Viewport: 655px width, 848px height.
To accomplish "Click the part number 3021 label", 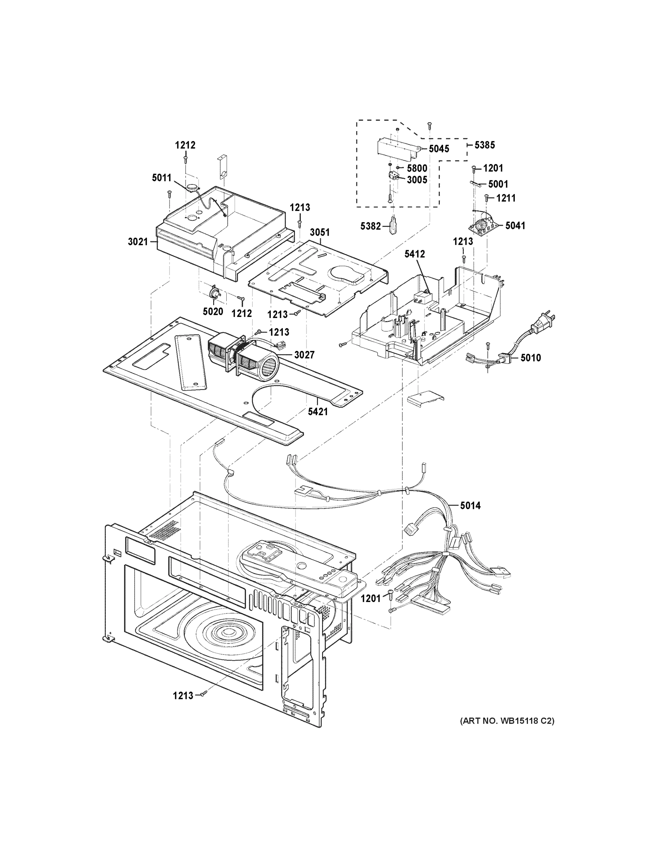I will [138, 242].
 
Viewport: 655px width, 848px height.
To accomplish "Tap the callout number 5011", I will [161, 178].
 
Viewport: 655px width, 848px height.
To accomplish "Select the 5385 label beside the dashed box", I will [485, 145].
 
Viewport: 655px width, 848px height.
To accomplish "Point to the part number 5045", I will [439, 149].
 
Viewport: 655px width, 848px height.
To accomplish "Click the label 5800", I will [417, 168].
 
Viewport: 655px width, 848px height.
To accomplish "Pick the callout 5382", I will [370, 226].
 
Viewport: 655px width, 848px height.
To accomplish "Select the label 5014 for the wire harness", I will [470, 506].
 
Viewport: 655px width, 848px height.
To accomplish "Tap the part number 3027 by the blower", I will [304, 355].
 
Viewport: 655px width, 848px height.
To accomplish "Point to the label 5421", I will [318, 412].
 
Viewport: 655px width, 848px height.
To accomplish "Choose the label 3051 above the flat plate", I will [320, 232].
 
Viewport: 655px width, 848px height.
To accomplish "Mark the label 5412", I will [415, 254].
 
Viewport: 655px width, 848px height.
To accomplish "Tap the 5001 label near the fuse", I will [498, 184].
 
